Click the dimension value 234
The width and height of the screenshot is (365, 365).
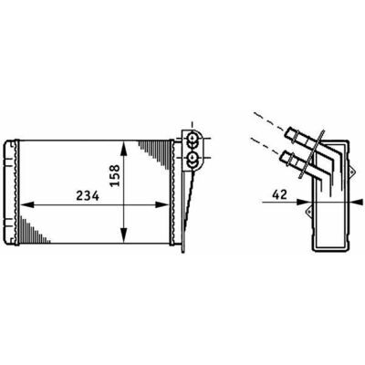(88, 196)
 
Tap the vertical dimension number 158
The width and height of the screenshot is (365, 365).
(115, 175)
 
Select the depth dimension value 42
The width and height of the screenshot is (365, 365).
(279, 194)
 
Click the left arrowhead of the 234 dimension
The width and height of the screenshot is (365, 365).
(26, 204)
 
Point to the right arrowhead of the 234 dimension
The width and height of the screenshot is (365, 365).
(162, 204)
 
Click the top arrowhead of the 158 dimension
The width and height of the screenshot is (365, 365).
(123, 149)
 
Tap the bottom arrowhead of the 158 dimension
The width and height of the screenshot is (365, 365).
(123, 235)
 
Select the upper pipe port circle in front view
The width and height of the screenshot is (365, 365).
(192, 139)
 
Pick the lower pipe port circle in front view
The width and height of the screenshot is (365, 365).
(192, 158)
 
